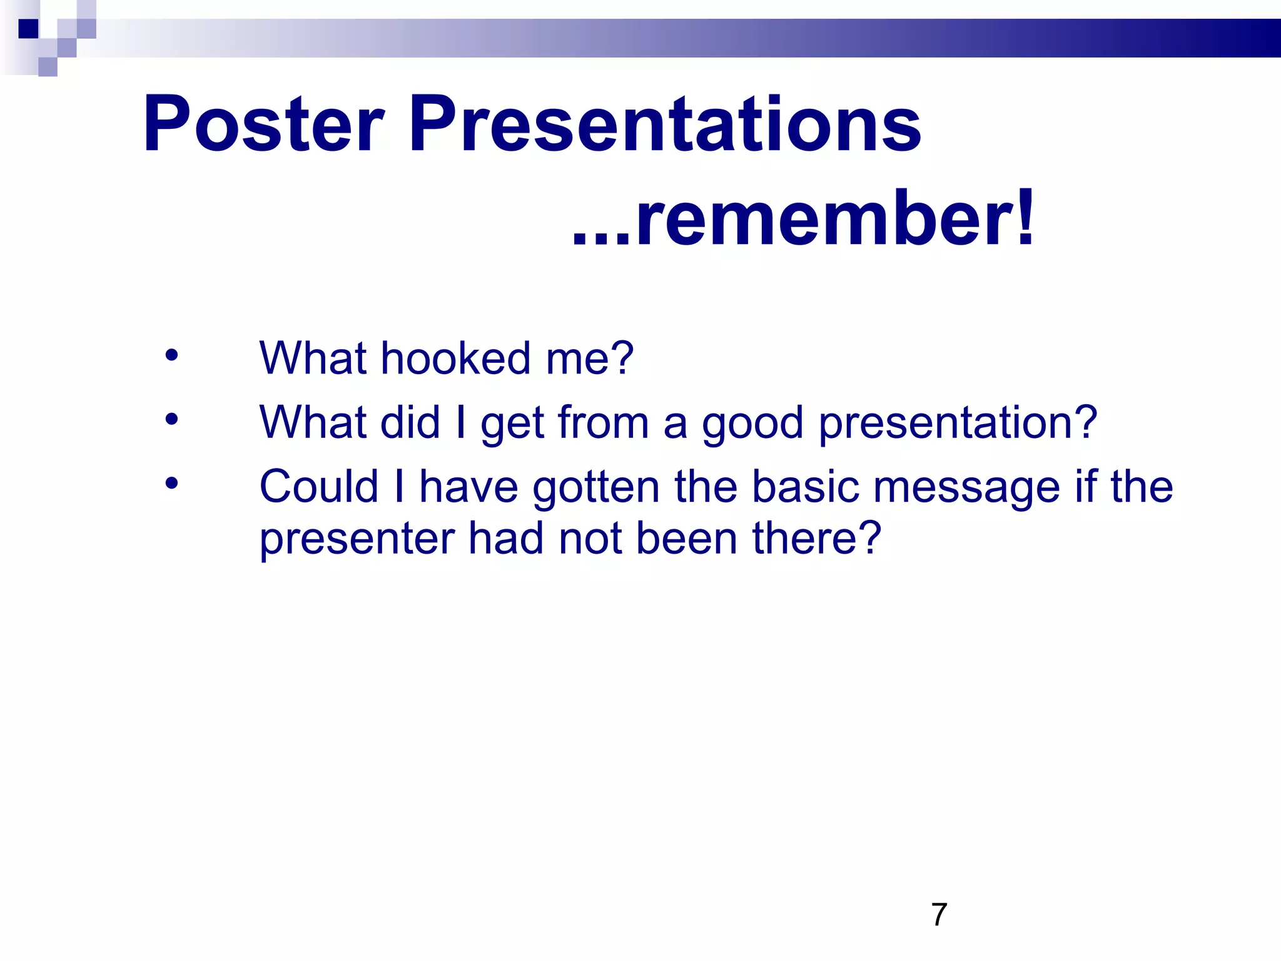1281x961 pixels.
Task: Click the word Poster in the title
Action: (263, 124)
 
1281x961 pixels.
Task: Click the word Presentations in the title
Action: (664, 124)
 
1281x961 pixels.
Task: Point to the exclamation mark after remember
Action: (1025, 219)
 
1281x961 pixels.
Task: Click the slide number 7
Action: (939, 915)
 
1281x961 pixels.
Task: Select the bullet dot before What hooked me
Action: (171, 355)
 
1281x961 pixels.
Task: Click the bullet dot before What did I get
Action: (171, 419)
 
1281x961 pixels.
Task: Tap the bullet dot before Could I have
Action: (171, 483)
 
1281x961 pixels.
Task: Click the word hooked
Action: (455, 358)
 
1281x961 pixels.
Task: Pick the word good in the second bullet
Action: (752, 424)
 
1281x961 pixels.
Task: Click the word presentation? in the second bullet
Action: (958, 424)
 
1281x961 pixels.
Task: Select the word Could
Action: (319, 487)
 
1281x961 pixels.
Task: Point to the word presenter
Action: (357, 539)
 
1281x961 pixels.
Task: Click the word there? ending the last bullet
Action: (816, 538)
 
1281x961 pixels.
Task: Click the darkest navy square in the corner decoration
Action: (29, 29)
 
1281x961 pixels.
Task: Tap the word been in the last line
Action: (686, 538)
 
